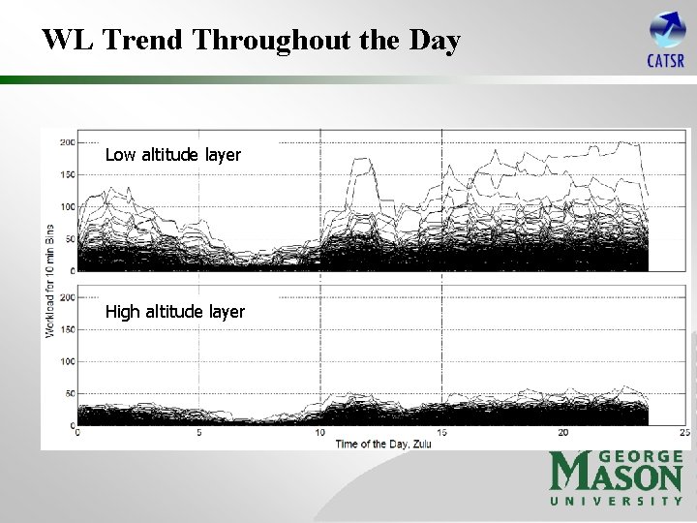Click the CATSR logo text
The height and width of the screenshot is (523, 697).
coord(666,62)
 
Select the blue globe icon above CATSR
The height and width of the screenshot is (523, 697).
coord(667,30)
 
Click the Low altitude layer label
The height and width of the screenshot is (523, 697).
coord(172,155)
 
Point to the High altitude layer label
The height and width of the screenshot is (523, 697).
coord(174,312)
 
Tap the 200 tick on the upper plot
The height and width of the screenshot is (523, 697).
coord(67,142)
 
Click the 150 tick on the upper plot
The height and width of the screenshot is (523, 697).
coord(67,174)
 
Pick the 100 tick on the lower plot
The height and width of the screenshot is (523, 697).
coord(67,361)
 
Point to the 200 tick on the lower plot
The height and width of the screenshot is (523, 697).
coord(67,297)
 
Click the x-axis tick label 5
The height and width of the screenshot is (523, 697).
coord(198,433)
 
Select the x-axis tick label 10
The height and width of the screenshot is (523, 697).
coord(319,433)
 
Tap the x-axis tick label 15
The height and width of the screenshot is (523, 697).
coord(441,433)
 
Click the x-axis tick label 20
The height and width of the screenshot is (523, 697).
coord(562,433)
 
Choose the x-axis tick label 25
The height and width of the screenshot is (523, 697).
coord(683,433)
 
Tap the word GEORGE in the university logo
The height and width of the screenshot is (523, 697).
coord(641,456)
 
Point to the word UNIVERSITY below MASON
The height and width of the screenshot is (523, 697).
coord(617,501)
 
